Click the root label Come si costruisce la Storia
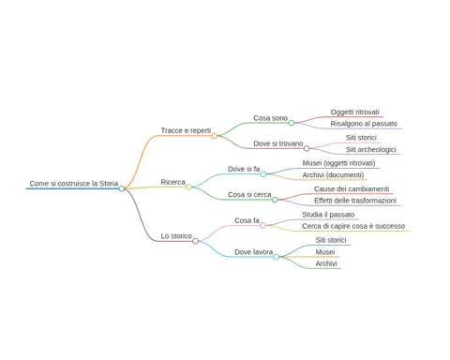(74, 184)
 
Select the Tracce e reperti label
(186, 130)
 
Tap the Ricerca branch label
(172, 182)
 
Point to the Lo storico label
(176, 236)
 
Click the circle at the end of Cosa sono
(292, 123)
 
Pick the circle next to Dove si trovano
(307, 148)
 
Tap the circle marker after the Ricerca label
(188, 187)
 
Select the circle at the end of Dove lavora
(277, 257)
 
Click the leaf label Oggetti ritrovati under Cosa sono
(354, 112)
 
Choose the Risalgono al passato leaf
(364, 124)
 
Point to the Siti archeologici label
(371, 149)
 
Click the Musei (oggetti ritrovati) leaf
(338, 163)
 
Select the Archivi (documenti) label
(333, 175)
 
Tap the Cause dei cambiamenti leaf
(352, 188)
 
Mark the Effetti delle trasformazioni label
(355, 201)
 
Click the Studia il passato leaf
(328, 215)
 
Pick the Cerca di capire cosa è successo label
(353, 226)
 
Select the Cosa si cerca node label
(249, 194)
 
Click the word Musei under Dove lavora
(325, 252)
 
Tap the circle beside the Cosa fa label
(262, 225)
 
